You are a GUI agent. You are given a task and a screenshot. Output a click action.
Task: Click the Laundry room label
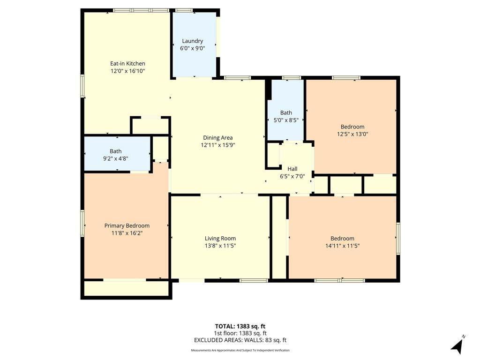[x=192, y=41]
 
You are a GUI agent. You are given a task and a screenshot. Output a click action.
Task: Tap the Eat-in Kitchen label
[x=127, y=64]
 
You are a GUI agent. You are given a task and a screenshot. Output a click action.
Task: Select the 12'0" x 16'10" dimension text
[x=127, y=71]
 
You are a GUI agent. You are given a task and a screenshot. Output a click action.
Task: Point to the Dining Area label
[x=218, y=138]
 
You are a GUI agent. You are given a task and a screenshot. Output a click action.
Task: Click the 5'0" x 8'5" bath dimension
[x=286, y=120]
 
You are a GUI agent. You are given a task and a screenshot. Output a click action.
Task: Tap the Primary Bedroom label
[x=127, y=226]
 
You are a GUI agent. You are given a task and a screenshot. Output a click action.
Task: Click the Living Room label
[x=220, y=239]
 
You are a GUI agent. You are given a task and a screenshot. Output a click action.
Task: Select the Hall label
[x=292, y=169]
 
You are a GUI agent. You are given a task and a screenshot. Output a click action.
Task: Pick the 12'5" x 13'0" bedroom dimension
[x=352, y=134]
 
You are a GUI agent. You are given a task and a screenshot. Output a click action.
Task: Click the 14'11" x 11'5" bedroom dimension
[x=343, y=246]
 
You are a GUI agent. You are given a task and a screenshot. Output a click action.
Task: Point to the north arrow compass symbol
[x=457, y=345]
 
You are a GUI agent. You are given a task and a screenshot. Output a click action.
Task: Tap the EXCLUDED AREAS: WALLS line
[x=240, y=340]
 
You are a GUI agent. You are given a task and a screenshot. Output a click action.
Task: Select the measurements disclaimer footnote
[x=240, y=350]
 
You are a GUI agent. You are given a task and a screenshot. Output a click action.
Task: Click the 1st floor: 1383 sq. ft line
[x=240, y=333]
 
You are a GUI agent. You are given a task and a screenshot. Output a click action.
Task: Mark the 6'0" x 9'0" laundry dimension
[x=192, y=48]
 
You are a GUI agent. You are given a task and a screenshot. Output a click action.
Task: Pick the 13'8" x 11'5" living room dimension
[x=220, y=246]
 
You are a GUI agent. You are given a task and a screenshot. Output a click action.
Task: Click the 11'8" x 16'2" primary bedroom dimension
[x=127, y=233]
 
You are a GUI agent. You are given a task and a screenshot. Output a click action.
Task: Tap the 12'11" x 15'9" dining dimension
[x=218, y=145]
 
